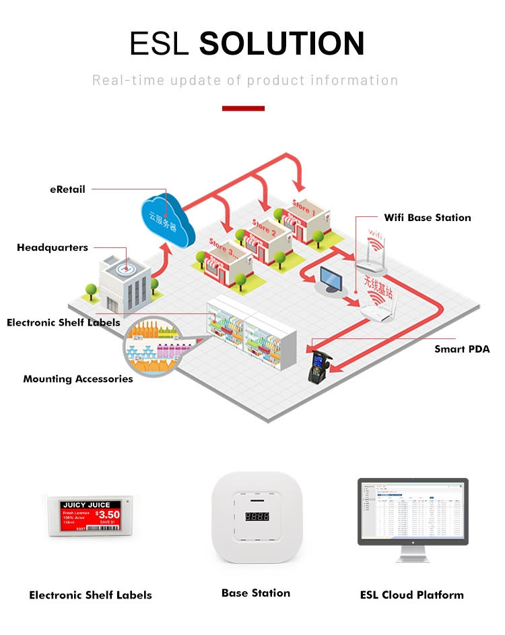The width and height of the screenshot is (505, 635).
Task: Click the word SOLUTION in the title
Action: [x=282, y=43]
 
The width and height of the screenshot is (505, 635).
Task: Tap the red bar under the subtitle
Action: [x=243, y=108]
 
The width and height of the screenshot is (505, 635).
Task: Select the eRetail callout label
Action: [x=67, y=189]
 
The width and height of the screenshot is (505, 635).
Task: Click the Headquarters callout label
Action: [x=53, y=247]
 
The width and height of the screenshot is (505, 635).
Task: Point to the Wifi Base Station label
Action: [x=428, y=217]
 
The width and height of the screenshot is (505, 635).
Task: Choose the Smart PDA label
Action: [x=462, y=349]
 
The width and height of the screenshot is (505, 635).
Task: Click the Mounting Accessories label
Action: [x=78, y=379]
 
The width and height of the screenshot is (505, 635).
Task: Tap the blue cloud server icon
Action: [x=167, y=218]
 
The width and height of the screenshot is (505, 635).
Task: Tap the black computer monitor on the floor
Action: [x=331, y=279]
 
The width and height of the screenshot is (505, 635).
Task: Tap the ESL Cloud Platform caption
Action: [x=412, y=595]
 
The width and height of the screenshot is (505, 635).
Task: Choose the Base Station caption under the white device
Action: [x=256, y=593]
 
